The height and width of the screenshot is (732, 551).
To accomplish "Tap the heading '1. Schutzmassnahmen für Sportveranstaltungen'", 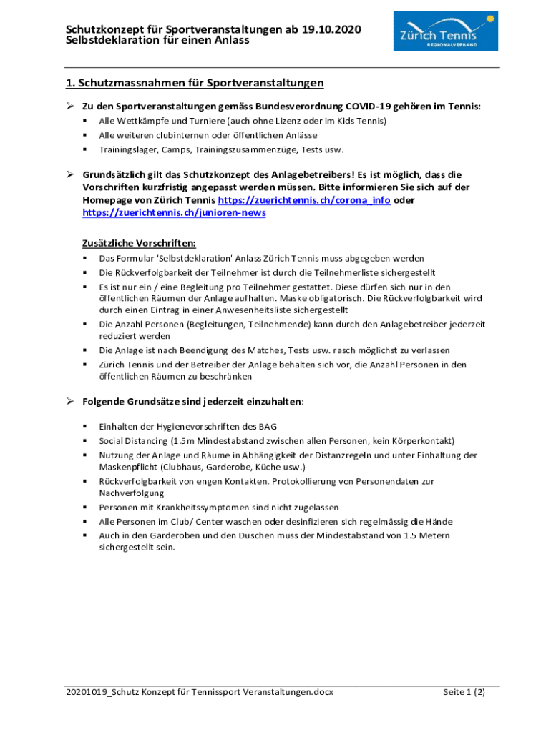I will click(195, 84).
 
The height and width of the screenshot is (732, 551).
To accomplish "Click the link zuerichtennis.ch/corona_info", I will click(304, 201).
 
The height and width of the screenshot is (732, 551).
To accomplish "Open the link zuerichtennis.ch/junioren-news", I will click(174, 213).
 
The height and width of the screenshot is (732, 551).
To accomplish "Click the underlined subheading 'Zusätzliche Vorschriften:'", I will click(139, 243).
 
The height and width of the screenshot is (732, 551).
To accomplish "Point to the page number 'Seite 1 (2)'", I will click(464, 692).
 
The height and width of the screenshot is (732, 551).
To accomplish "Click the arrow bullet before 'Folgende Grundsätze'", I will click(71, 402).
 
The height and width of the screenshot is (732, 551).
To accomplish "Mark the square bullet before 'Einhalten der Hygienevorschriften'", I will click(84, 426).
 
